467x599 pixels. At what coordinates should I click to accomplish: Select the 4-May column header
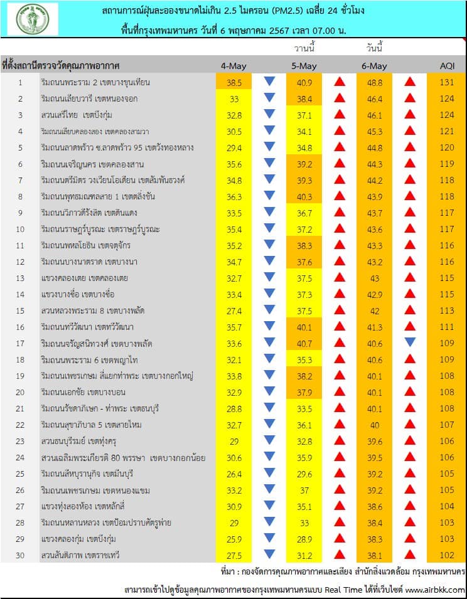233,66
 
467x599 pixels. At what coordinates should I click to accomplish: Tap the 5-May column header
304,66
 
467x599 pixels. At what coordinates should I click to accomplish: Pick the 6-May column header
375,66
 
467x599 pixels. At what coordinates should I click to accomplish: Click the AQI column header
447,66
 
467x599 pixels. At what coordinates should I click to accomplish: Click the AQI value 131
447,82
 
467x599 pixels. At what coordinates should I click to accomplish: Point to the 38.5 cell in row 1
234,82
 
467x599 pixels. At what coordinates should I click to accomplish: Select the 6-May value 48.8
375,82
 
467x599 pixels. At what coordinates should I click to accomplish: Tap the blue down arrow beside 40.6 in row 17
411,342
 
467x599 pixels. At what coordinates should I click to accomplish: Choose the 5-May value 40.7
304,343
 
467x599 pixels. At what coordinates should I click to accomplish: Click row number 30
20,555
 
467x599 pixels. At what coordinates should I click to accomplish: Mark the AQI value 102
447,555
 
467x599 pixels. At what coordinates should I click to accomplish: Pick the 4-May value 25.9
234,539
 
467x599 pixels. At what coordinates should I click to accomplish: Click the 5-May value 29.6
304,474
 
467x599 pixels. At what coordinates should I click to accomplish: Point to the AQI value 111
447,327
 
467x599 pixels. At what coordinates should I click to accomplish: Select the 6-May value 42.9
375,294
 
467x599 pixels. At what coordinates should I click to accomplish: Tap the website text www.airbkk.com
435,590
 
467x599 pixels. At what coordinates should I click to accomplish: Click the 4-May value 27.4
234,310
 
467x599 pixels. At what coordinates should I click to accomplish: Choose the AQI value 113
447,310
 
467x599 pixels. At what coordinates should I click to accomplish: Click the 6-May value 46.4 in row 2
375,98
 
